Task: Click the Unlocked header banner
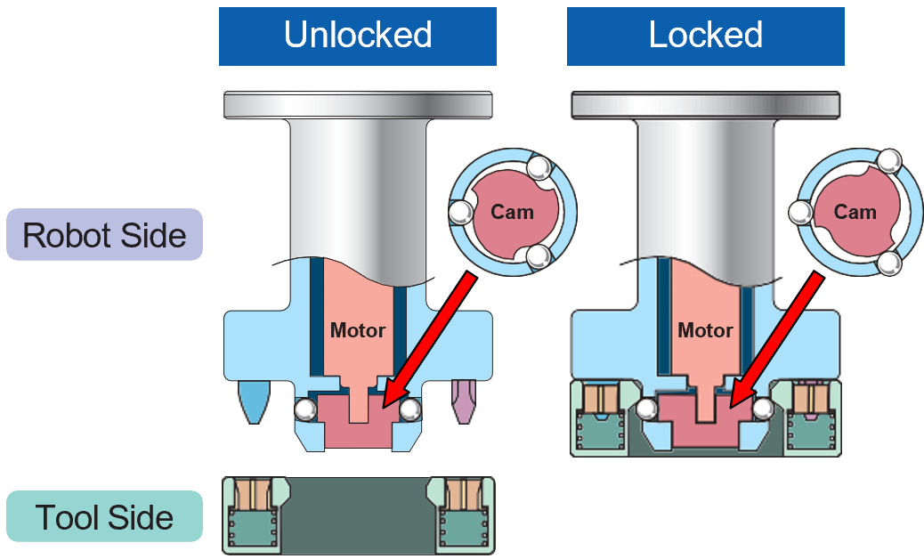pyautogui.click(x=357, y=36)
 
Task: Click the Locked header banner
pyautogui.click(x=705, y=36)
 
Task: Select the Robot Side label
pyautogui.click(x=104, y=235)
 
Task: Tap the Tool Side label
pyautogui.click(x=104, y=517)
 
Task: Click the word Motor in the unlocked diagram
pyautogui.click(x=358, y=330)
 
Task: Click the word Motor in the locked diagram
pyautogui.click(x=705, y=330)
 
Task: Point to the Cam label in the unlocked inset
pyautogui.click(x=513, y=212)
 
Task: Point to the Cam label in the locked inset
pyautogui.click(x=855, y=212)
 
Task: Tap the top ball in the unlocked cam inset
pyautogui.click(x=539, y=167)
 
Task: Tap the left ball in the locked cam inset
pyautogui.click(x=800, y=212)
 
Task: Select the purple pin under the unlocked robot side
pyautogui.click(x=462, y=400)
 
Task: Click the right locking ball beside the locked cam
pyautogui.click(x=763, y=409)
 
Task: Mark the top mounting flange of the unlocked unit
pyautogui.click(x=358, y=103)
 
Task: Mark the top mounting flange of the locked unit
pyautogui.click(x=705, y=103)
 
